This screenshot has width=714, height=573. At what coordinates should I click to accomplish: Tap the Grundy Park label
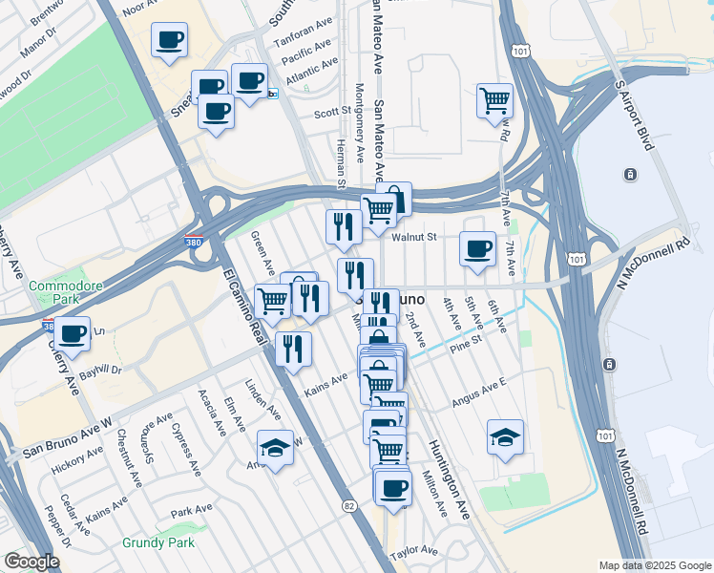[158, 542]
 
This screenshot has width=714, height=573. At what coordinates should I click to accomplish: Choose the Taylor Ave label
[413, 551]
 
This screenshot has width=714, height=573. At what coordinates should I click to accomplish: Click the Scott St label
[333, 112]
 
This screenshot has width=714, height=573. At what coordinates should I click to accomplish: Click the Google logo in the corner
[31, 562]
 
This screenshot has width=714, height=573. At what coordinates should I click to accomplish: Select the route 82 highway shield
[348, 504]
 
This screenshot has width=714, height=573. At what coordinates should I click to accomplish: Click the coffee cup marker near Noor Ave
[170, 40]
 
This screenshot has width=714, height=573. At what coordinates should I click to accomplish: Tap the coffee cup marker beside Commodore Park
[72, 333]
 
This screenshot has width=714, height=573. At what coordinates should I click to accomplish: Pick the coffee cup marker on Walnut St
[477, 249]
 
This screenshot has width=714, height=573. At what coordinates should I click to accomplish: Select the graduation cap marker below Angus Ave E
[505, 436]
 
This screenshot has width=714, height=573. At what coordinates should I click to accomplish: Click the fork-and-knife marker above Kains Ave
[293, 349]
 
